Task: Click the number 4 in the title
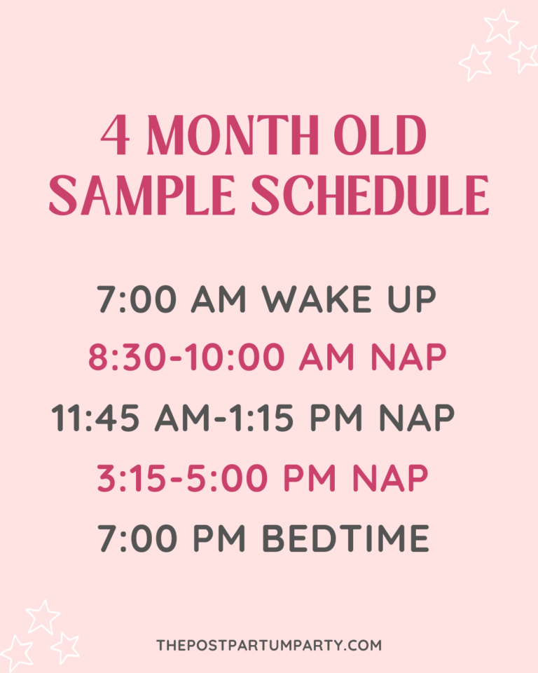[116, 135]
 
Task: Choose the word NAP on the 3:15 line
[389, 479]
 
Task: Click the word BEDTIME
[345, 538]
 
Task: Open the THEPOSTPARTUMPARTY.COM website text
[270, 644]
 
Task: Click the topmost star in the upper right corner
[502, 27]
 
